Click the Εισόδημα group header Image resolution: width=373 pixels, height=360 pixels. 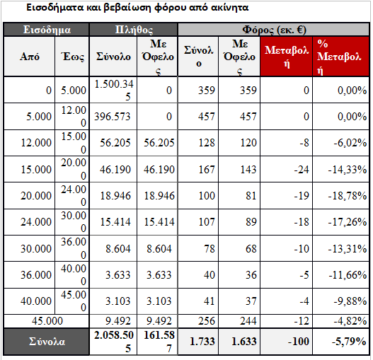(47, 30)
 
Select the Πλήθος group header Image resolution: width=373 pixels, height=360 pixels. (134, 30)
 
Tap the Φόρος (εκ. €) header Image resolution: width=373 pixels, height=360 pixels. (274, 30)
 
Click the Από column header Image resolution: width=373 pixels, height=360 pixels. (30, 57)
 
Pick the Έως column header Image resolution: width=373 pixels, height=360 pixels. (73, 57)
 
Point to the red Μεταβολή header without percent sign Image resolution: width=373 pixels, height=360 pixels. (287, 57)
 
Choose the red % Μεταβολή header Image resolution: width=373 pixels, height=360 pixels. (339, 57)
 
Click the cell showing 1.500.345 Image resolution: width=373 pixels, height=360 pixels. (114, 90)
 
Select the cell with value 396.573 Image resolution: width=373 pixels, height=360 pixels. (113, 117)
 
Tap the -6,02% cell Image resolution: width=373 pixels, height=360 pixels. (350, 143)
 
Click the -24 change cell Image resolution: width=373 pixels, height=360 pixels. (302, 170)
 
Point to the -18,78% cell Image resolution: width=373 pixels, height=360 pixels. (348, 196)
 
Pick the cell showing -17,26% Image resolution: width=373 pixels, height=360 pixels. (348, 222)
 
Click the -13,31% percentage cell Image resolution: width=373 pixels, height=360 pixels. (348, 249)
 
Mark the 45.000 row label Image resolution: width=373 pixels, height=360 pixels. (47, 321)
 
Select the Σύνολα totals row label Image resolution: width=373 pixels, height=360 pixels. (47, 342)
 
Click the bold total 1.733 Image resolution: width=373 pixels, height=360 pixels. (202, 342)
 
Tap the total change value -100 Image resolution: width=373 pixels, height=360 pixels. (298, 342)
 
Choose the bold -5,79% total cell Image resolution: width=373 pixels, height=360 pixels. (349, 342)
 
